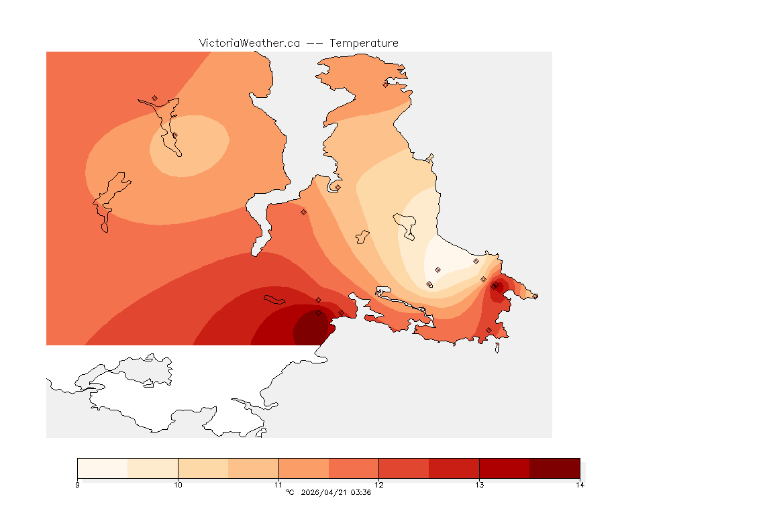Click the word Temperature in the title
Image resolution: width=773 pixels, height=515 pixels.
pyautogui.click(x=364, y=43)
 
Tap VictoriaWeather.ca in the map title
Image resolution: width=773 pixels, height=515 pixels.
pyautogui.click(x=249, y=43)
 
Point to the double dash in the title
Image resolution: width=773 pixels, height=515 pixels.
pyautogui.click(x=315, y=43)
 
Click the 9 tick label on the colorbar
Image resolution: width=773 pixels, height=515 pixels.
pyautogui.click(x=78, y=485)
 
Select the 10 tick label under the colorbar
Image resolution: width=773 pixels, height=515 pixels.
pyautogui.click(x=178, y=485)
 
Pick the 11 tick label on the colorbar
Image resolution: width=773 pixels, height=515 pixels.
pyautogui.click(x=278, y=485)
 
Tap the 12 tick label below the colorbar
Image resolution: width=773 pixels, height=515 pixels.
pyautogui.click(x=379, y=485)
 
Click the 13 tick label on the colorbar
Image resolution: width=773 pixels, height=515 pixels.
pyautogui.click(x=479, y=485)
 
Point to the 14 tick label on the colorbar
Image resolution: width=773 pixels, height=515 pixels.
pyautogui.click(x=579, y=485)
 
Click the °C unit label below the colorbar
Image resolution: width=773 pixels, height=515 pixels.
pyautogui.click(x=290, y=493)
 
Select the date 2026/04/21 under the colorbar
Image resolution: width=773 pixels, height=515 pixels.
pyautogui.click(x=325, y=493)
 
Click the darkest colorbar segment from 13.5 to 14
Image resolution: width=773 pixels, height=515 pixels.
pyautogui.click(x=554, y=468)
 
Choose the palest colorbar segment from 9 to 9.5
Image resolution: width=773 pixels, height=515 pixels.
pyautogui.click(x=103, y=468)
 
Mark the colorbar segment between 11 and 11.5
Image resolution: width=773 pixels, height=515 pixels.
pyautogui.click(x=303, y=468)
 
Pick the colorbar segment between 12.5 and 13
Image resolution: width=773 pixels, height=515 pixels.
pyautogui.click(x=454, y=468)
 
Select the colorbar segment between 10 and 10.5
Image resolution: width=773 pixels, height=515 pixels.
pyautogui.click(x=203, y=468)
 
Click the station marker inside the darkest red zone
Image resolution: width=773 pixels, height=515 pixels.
pyautogui.click(x=318, y=313)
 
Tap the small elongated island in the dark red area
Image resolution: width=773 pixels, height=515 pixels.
pyautogui.click(x=275, y=299)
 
